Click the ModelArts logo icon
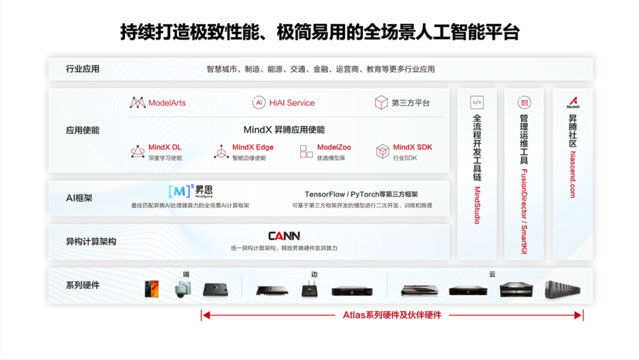point(137,102)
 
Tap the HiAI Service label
point(292,102)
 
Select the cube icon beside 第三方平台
point(381,102)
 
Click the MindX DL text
point(165,147)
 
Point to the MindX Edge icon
point(221,152)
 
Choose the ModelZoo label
point(334,147)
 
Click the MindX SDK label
point(412,147)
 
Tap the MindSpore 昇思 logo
point(190,191)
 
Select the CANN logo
point(284,236)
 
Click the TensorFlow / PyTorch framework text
point(361,194)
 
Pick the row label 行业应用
point(83,69)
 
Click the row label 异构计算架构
point(91,242)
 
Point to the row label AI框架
point(79,198)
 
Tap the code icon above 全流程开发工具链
point(477,102)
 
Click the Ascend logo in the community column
point(572,102)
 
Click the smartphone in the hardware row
point(152,288)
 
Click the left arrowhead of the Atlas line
point(205,315)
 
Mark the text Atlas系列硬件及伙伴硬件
point(392,315)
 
